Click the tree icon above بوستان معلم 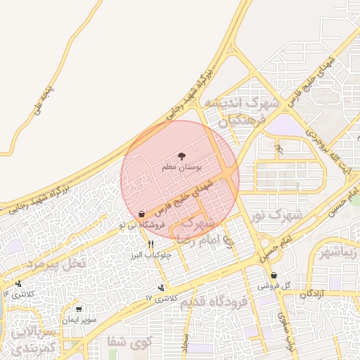click(x=183, y=156)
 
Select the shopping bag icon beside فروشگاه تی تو click(x=142, y=214)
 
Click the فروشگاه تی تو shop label click(x=142, y=225)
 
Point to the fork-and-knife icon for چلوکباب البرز click(x=150, y=243)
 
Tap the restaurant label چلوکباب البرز click(x=149, y=254)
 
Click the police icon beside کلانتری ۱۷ click(x=162, y=287)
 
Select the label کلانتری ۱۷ click(x=159, y=298)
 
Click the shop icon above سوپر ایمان click(x=79, y=309)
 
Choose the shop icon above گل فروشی click(x=274, y=276)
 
